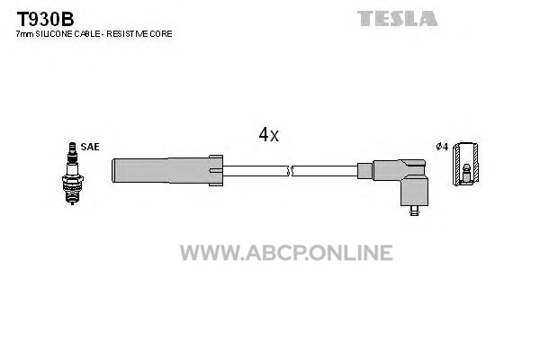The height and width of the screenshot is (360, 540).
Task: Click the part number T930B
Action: tap(45, 19)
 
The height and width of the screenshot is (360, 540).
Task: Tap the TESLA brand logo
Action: tap(397, 18)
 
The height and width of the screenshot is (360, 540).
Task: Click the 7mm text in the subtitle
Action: tap(25, 34)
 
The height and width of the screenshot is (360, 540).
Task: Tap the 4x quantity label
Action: tap(268, 134)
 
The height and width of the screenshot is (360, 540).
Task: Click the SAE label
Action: tap(90, 147)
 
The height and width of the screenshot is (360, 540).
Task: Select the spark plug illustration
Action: tap(72, 174)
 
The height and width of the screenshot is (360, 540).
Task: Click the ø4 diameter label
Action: tap(442, 147)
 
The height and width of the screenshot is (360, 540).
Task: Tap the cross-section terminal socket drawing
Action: tap(465, 164)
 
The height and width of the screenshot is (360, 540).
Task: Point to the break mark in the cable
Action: tap(290, 170)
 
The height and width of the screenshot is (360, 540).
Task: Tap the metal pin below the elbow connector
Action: tap(414, 211)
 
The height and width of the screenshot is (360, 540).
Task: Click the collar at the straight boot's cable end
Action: tap(216, 170)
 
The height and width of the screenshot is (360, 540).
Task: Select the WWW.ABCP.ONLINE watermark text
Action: tap(286, 253)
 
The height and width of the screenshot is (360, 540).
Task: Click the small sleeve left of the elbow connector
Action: tap(365, 171)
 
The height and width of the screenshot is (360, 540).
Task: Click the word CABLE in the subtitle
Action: tap(85, 34)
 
